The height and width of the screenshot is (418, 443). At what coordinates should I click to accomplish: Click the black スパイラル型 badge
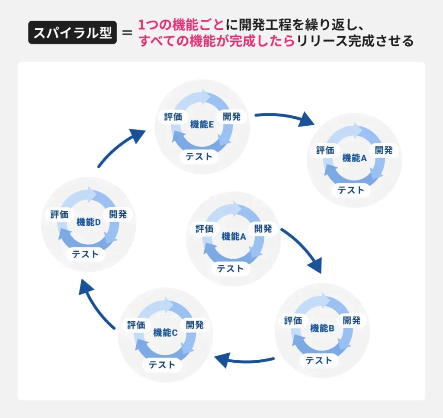pos(73,33)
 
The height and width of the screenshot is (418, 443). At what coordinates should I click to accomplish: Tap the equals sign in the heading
pos(127,33)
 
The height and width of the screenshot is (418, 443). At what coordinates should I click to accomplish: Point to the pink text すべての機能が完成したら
pos(216,41)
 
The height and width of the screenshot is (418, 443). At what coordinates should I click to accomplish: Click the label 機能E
pos(202,125)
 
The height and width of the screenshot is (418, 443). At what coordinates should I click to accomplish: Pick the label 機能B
pos(322,328)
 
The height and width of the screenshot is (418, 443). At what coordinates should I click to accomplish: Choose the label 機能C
pos(165,333)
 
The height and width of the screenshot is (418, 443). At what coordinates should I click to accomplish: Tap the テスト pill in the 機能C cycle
pos(162,365)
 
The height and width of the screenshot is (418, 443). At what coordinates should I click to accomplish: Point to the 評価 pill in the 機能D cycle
pos(59,214)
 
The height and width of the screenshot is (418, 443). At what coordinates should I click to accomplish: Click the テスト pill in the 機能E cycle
pos(199,156)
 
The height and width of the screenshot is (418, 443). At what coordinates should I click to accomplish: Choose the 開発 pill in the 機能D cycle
pos(118,214)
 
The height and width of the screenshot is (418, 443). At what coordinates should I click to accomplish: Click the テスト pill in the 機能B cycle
pos(319,360)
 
